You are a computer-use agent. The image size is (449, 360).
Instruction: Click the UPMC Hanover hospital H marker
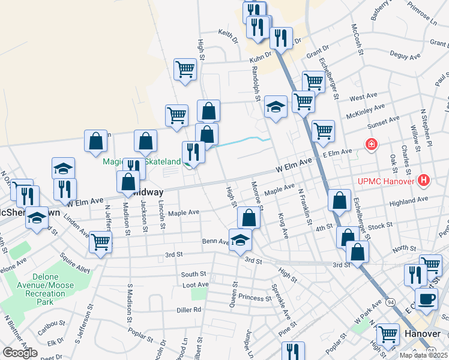click(x=425, y=179)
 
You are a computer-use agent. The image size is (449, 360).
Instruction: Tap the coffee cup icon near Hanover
click(x=426, y=299)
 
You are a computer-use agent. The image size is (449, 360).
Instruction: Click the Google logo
click(x=20, y=352)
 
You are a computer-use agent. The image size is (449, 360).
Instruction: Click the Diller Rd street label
click(x=189, y=310)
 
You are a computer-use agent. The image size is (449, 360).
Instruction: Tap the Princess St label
click(x=255, y=298)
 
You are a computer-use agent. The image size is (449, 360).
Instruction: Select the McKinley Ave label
click(x=367, y=109)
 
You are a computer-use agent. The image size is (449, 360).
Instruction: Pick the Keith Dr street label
click(x=228, y=35)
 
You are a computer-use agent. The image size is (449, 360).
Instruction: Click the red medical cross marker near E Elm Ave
click(x=372, y=145)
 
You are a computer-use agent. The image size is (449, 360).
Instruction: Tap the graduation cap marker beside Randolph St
click(x=276, y=107)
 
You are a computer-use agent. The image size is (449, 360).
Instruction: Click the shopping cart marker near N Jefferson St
click(x=100, y=242)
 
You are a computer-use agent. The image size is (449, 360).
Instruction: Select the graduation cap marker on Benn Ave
click(x=241, y=240)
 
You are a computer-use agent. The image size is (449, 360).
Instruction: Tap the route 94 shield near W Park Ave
click(x=390, y=301)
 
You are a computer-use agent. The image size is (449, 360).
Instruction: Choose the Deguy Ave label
click(x=405, y=56)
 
